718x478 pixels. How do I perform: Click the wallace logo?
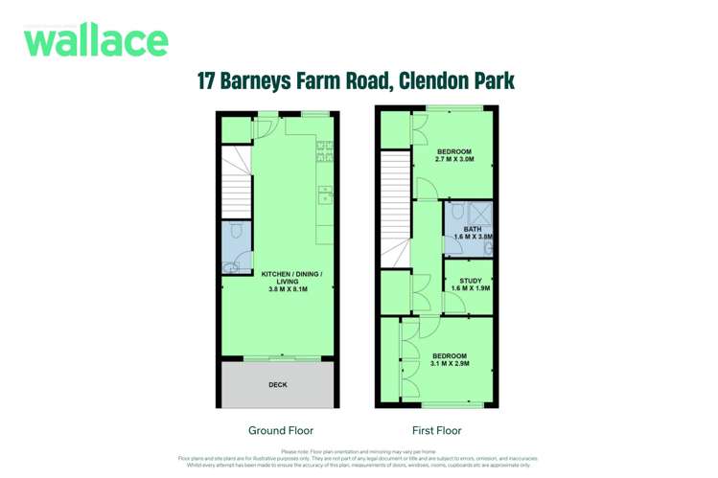pyautogui.click(x=96, y=40)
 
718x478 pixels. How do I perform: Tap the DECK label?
pyautogui.click(x=277, y=385)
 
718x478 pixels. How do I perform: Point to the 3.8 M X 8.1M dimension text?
pyautogui.click(x=288, y=289)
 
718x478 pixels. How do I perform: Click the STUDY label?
pyautogui.click(x=470, y=281)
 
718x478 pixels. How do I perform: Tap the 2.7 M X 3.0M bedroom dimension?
pyautogui.click(x=454, y=160)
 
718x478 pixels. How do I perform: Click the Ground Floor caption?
pyautogui.click(x=280, y=430)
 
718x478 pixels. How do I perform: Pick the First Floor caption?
pyautogui.click(x=435, y=430)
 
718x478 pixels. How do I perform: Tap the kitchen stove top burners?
pyautogui.click(x=324, y=150)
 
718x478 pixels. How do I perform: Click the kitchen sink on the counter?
pyautogui.click(x=325, y=195)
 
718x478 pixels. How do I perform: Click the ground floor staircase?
pyautogui.click(x=237, y=182)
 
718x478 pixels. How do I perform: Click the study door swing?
pyautogui.click(x=456, y=305)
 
